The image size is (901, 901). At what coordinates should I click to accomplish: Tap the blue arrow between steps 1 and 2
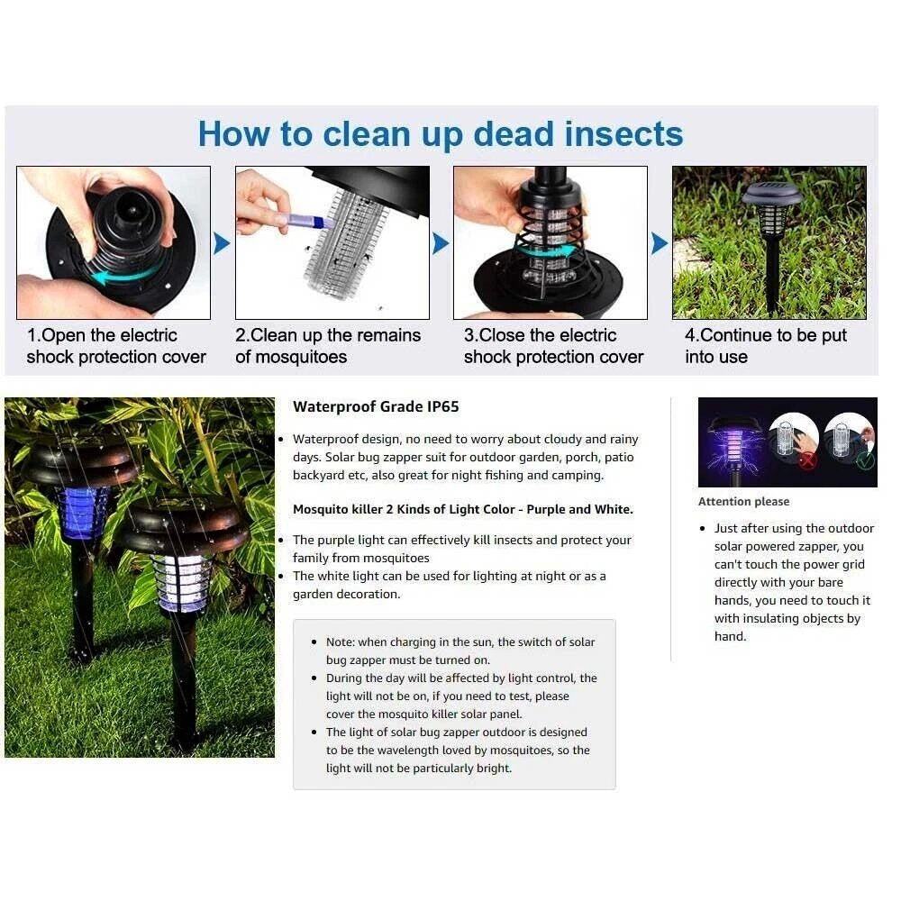pyautogui.click(x=222, y=243)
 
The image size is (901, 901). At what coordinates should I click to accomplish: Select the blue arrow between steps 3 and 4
pyautogui.click(x=660, y=243)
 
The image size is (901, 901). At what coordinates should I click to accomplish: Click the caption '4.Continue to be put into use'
pyautogui.click(x=765, y=346)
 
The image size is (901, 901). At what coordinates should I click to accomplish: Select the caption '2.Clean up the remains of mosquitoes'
pyautogui.click(x=328, y=346)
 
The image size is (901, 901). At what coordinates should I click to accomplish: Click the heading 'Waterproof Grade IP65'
pyautogui.click(x=376, y=407)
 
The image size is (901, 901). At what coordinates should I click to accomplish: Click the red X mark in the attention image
pyautogui.click(x=806, y=460)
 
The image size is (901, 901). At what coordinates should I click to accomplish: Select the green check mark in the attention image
pyautogui.click(x=865, y=460)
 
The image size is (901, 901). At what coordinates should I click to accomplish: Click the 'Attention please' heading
pyautogui.click(x=743, y=502)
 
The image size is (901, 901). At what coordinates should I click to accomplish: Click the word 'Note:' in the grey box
pyautogui.click(x=341, y=642)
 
